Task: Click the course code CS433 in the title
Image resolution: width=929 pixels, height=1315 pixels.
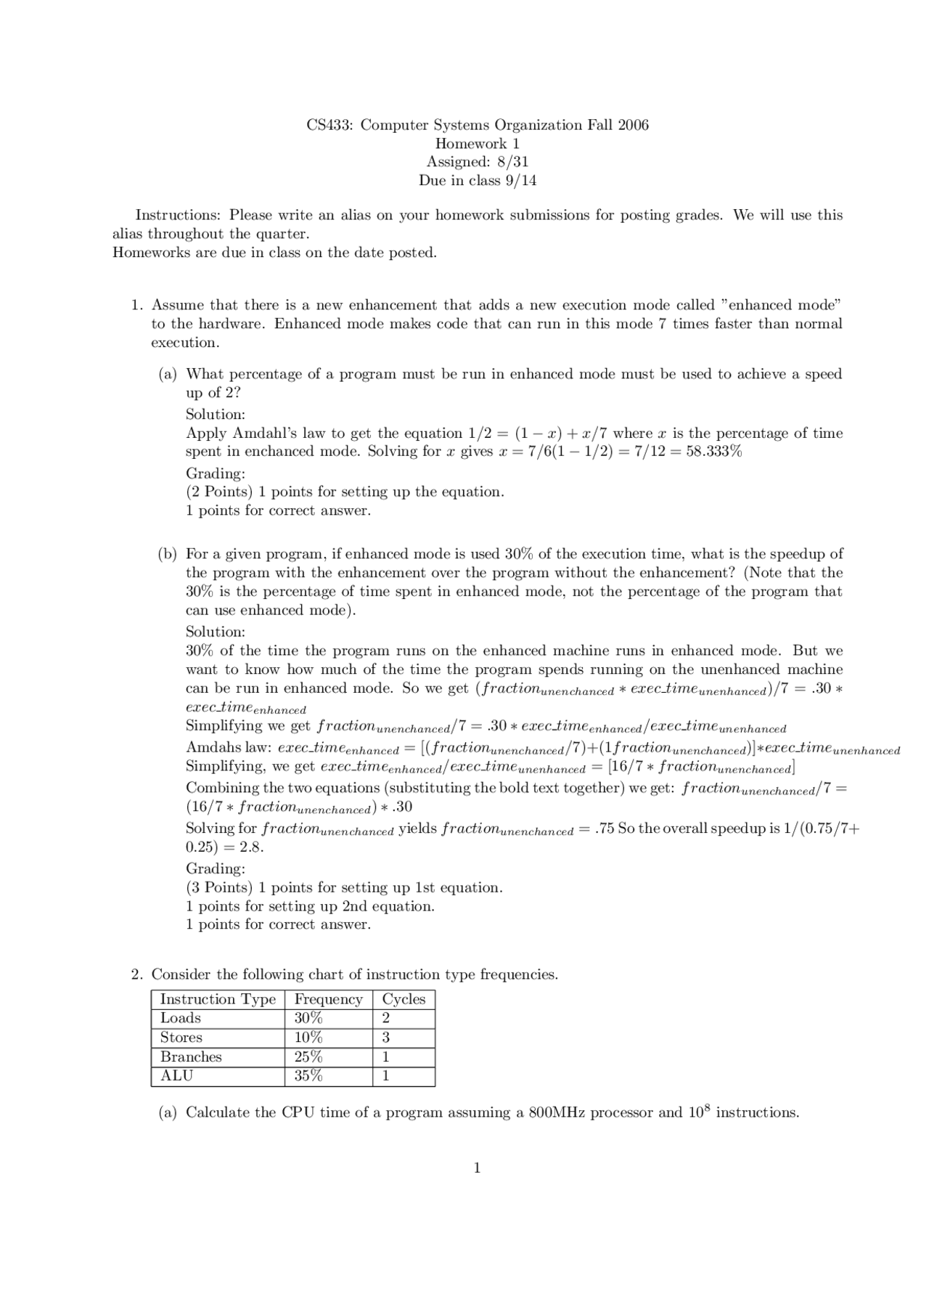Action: [330, 125]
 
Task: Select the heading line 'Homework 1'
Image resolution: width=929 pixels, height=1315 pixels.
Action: [477, 144]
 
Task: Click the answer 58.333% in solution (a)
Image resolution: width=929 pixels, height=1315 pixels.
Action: [714, 452]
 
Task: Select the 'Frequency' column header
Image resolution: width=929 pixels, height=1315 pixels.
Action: [328, 999]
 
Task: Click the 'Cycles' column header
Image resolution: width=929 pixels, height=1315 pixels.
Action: [404, 999]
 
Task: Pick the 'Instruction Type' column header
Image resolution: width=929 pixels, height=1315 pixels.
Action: [218, 999]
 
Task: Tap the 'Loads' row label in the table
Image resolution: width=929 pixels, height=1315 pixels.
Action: [181, 1018]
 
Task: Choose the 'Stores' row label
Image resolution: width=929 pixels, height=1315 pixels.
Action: [181, 1038]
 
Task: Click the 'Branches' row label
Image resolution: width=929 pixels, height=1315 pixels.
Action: [191, 1057]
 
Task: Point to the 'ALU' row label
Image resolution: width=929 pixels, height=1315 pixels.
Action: [176, 1075]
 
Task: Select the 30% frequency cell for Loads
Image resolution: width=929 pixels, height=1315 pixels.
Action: [308, 1018]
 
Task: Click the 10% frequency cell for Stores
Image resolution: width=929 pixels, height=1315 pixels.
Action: [308, 1038]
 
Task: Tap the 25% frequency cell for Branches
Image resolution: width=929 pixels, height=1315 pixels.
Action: [308, 1057]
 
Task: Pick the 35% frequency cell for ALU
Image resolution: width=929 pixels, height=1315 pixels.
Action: [308, 1075]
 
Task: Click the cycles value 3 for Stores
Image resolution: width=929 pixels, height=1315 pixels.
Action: [386, 1038]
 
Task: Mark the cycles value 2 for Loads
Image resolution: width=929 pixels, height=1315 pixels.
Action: [386, 1018]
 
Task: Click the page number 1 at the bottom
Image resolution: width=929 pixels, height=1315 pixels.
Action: [477, 1168]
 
